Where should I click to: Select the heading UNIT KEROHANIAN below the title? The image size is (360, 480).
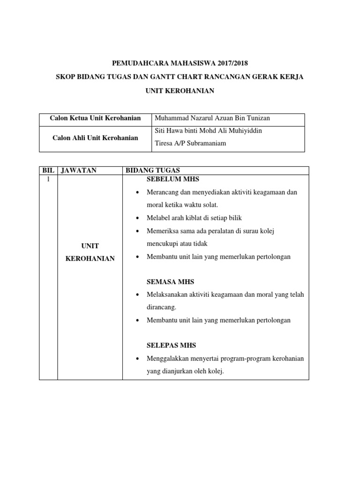[180, 91]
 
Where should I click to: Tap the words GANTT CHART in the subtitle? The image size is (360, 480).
[181, 76]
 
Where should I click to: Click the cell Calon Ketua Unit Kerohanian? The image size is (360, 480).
[96, 118]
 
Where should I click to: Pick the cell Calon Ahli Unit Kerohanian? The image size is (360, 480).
[95, 138]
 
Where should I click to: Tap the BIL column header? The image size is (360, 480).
[48, 171]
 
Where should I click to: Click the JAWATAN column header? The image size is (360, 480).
[78, 171]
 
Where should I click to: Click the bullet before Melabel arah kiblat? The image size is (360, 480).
[137, 218]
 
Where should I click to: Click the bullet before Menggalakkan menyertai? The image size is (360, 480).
[137, 359]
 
